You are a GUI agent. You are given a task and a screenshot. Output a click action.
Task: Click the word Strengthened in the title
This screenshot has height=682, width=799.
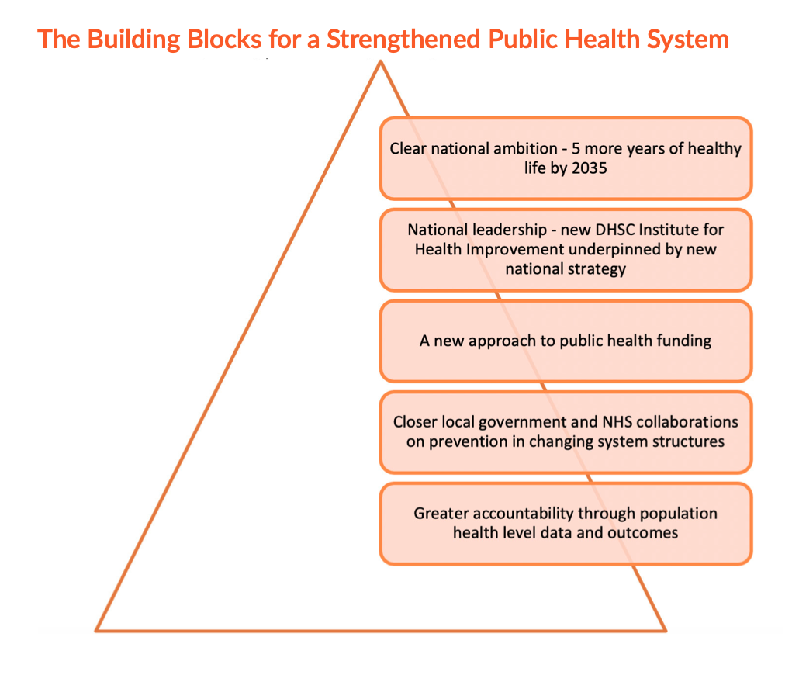point(403,40)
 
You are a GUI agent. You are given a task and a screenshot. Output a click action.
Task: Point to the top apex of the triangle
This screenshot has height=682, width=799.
point(380,61)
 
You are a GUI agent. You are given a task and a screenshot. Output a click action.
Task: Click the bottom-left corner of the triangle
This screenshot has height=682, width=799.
point(96,631)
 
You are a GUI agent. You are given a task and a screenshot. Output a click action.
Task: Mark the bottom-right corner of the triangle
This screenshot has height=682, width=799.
point(666,631)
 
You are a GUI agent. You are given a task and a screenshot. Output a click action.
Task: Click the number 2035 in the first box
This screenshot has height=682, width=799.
point(589,168)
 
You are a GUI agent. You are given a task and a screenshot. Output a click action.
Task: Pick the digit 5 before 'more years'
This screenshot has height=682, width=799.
point(576,148)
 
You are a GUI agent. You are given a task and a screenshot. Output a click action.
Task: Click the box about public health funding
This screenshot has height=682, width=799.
point(566,341)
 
